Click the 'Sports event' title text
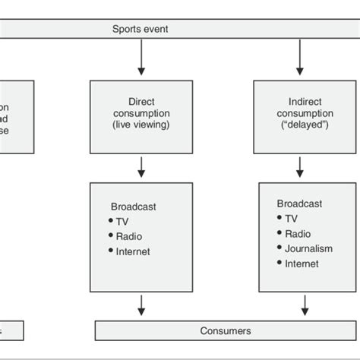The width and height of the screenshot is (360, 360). (x=140, y=29)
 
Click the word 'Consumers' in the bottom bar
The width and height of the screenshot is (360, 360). (x=226, y=331)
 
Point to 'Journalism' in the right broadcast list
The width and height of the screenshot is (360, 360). (x=309, y=248)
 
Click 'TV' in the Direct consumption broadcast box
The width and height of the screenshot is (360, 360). (x=123, y=220)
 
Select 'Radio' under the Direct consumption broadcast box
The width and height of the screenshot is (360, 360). (x=129, y=235)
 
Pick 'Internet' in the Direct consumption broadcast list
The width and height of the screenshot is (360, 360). (x=133, y=251)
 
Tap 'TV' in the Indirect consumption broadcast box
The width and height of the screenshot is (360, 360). (x=291, y=218)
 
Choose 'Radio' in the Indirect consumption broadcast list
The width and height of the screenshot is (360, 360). (x=298, y=233)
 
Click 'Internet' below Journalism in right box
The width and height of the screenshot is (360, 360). (x=302, y=264)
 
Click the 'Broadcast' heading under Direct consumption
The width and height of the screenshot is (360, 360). (x=134, y=205)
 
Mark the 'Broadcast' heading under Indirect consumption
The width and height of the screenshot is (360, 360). (x=299, y=204)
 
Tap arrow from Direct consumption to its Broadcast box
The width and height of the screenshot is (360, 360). (x=140, y=166)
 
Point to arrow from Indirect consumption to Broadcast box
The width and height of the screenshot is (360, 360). (x=302, y=166)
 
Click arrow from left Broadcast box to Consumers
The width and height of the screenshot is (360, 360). (x=140, y=305)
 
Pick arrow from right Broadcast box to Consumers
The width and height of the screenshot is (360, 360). (x=305, y=305)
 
